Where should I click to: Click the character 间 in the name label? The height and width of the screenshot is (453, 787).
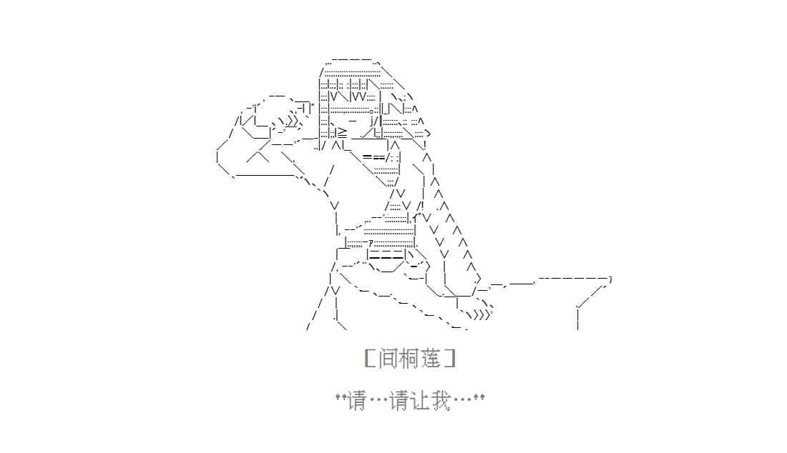tap(388, 359)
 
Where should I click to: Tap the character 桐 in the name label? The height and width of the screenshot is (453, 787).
tap(409, 359)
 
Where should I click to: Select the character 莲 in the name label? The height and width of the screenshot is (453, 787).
tap(431, 359)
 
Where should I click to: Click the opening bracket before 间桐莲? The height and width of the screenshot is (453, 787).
tap(371, 359)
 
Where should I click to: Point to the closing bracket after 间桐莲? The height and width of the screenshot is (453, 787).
tap(450, 359)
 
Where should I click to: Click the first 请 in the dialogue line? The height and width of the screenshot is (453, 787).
tap(357, 402)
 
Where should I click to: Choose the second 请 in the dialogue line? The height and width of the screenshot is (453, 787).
tap(399, 402)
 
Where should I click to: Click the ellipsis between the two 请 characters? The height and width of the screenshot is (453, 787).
tap(378, 402)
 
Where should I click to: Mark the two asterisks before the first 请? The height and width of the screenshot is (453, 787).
tap(341, 397)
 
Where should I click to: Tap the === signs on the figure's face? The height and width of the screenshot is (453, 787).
tap(373, 157)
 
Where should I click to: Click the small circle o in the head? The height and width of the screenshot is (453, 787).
tap(371, 111)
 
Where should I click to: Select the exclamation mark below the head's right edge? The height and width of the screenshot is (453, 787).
tap(425, 145)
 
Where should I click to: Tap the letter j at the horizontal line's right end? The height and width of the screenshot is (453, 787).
tap(610, 279)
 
